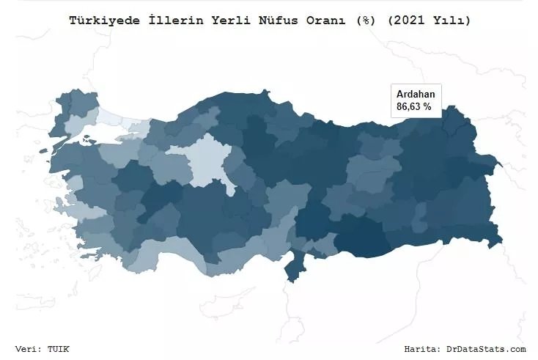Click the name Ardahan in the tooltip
click(x=416, y=95)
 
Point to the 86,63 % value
click(x=414, y=107)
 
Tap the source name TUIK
click(x=59, y=349)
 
